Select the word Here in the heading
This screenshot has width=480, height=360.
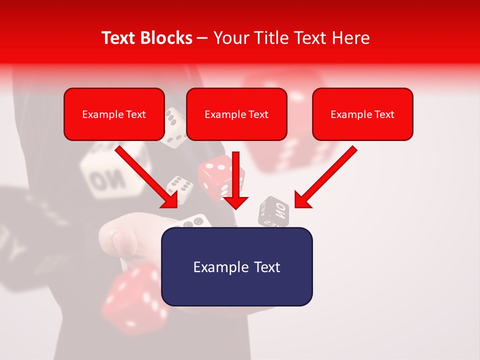coord(351,38)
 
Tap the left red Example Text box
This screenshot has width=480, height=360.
coord(114,114)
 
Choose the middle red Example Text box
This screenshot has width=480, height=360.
coord(236,114)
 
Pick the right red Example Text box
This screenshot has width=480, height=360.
coord(362,114)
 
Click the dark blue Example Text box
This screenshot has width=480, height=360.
coord(236,266)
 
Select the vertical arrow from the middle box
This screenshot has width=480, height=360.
coord(235,182)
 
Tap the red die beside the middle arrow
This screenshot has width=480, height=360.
coord(212,177)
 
